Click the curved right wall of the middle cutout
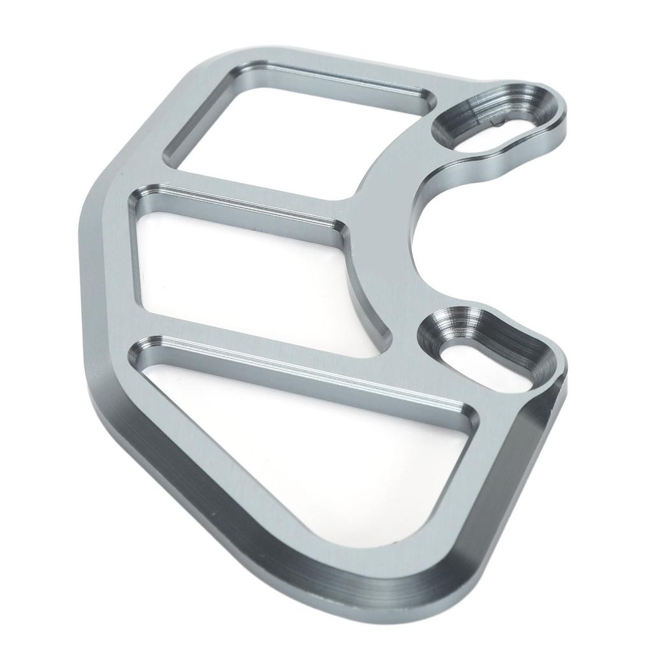pyautogui.click(x=363, y=293)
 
